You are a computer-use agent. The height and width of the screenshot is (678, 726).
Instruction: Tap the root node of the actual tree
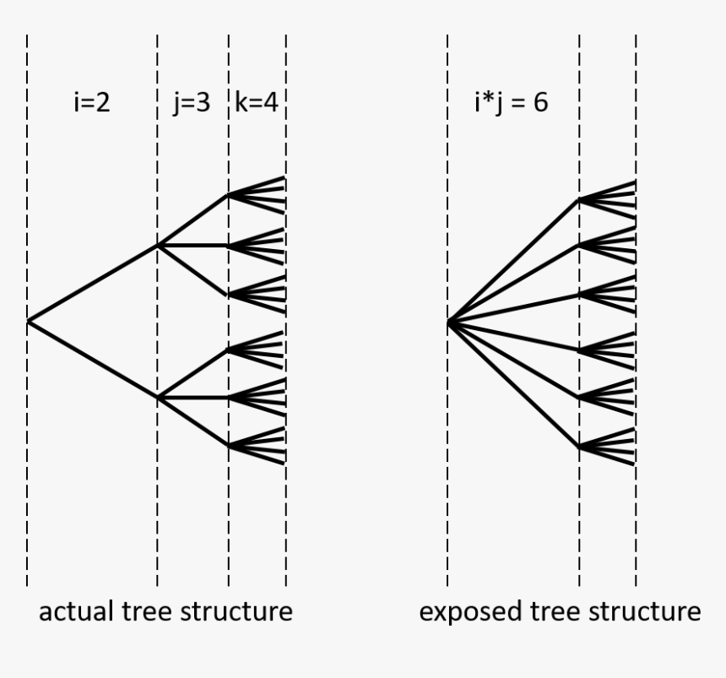pos(28,321)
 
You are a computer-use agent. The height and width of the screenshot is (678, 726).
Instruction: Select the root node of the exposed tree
pos(448,322)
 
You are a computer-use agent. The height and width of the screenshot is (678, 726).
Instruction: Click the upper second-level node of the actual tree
pos(158,246)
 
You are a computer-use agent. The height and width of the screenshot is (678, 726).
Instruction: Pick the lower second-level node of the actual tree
pos(158,397)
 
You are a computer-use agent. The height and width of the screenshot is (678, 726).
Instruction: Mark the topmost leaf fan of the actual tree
pos(257,195)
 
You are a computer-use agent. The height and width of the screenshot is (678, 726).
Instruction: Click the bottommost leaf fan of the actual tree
pos(257,445)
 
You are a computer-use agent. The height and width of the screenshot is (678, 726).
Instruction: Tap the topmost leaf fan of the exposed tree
pos(608,200)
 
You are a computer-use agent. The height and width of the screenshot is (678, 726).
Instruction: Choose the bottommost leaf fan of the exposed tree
pos(608,447)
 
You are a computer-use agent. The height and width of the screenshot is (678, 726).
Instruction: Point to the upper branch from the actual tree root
pos(93,284)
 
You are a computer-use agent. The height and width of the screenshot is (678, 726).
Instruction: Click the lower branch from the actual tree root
pos(93,359)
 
